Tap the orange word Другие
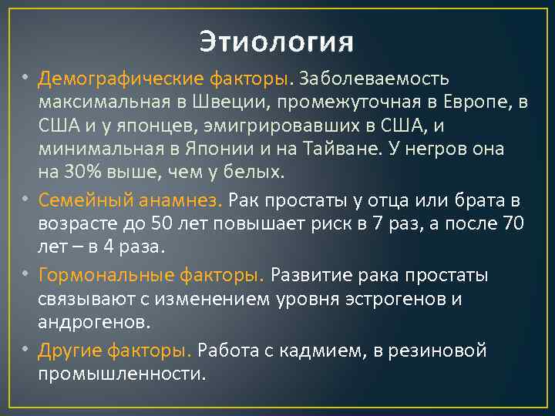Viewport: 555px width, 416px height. (67, 351)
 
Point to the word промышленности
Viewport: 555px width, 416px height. (122, 373)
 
